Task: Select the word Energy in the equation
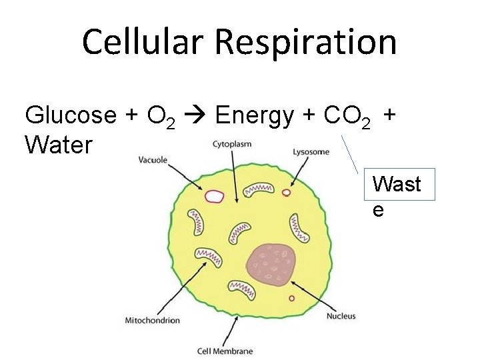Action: tap(254, 116)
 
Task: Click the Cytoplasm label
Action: tap(231, 143)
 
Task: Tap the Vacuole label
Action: tap(153, 160)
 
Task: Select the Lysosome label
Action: tap(311, 152)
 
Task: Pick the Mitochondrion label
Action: tap(153, 321)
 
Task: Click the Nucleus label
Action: tap(341, 316)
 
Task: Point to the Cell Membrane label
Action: tap(225, 351)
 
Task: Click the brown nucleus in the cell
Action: tap(271, 263)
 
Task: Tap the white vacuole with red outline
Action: tap(215, 196)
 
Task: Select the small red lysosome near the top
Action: tap(287, 193)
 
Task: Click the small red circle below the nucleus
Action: tap(291, 298)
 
